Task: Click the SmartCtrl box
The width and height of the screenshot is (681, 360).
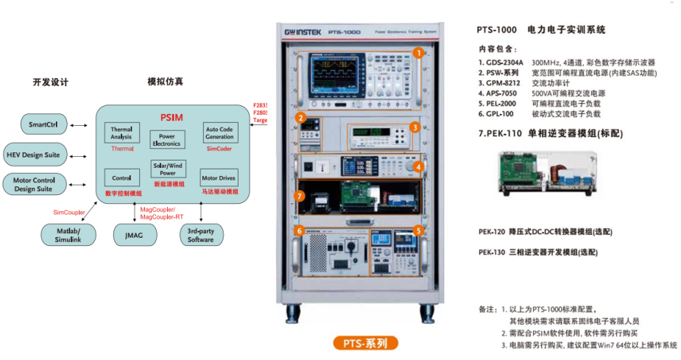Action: (x=43, y=124)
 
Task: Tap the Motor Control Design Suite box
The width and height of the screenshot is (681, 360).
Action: (x=34, y=184)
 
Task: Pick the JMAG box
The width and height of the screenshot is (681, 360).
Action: (x=133, y=235)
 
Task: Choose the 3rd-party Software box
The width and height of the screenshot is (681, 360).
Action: (x=200, y=235)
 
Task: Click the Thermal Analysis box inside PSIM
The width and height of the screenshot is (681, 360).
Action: (x=121, y=133)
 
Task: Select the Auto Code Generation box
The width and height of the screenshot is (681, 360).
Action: (x=219, y=133)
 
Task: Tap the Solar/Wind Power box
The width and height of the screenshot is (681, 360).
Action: (x=168, y=169)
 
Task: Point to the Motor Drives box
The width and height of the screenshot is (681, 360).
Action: (x=219, y=177)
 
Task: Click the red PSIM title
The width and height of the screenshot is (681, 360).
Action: (x=172, y=117)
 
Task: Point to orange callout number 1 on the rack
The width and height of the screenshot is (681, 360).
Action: (x=417, y=53)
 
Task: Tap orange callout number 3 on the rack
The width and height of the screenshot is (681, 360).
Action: (x=415, y=127)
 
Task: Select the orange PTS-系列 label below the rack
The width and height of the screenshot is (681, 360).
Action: (x=365, y=343)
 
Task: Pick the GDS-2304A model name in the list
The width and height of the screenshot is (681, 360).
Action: (x=504, y=63)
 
